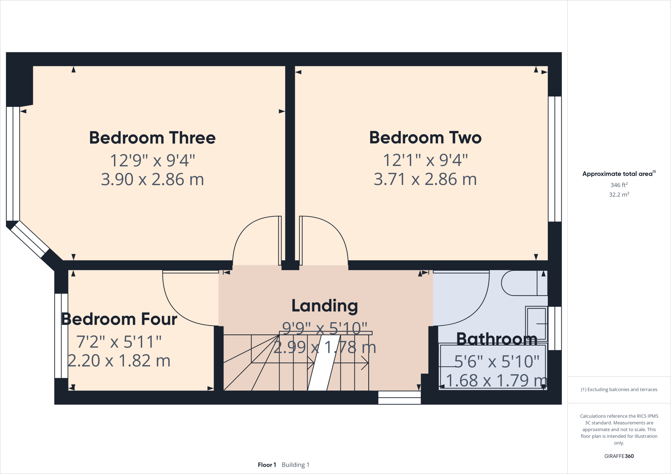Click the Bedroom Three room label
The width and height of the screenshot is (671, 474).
152,138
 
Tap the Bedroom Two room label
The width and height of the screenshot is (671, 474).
425,137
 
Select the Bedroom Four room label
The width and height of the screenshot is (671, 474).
119,319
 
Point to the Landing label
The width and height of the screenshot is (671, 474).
325,306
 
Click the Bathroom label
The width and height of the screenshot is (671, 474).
497,339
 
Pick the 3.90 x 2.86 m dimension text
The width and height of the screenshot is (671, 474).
152,179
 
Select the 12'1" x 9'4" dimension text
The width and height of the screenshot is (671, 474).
425,160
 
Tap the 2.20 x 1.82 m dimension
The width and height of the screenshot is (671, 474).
119,361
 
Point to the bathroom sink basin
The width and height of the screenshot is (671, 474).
536,324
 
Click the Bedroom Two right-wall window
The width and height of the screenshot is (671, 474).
555,159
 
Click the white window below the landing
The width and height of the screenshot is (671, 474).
399,398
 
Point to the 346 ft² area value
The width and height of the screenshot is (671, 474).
619,185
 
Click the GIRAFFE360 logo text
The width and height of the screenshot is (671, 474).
619,456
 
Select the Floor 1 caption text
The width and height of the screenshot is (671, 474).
267,465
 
